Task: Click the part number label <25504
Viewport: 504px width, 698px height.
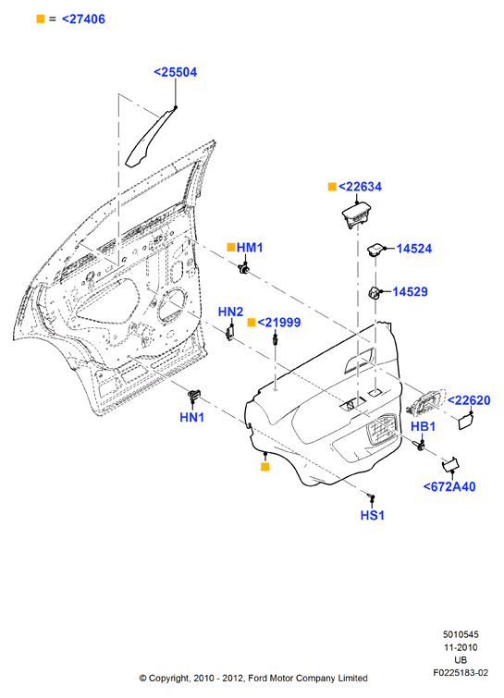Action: (x=175, y=72)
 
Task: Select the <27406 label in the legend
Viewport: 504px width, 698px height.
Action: (x=83, y=19)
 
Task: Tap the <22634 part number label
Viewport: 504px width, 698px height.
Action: (x=360, y=187)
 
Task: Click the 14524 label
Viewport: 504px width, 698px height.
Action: (x=414, y=249)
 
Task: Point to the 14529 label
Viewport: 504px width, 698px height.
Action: (x=410, y=291)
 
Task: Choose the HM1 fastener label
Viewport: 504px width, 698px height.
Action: (x=250, y=248)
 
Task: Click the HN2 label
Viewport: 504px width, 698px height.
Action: (x=230, y=312)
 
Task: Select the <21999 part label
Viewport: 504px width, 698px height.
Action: (x=279, y=323)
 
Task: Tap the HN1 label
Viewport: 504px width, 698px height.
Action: (x=192, y=417)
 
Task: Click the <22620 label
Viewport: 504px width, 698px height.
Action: (x=469, y=400)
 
